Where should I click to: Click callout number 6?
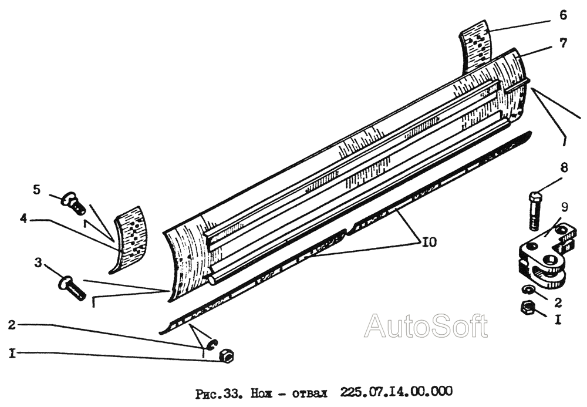563,15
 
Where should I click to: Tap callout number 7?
564,43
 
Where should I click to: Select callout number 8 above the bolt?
564,167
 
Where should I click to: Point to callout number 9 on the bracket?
564,207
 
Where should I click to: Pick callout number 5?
36,190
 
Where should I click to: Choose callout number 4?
23,218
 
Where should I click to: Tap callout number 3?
38,263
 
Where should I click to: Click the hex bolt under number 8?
534,211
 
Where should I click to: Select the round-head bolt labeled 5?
73,203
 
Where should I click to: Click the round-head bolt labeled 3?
71,288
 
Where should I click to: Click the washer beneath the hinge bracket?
528,290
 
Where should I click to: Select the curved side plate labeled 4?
129,238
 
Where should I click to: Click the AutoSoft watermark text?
426,326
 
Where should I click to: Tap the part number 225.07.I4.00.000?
396,392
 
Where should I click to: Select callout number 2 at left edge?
12,325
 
